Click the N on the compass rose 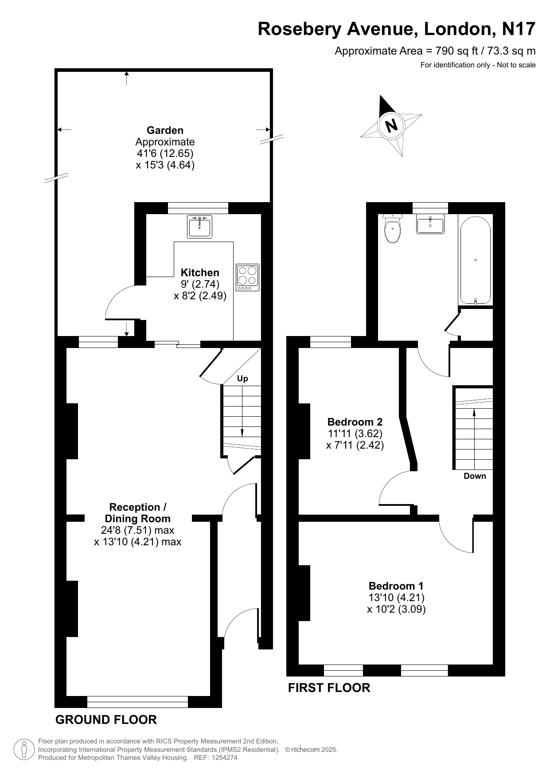[x=391, y=126]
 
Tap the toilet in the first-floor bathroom [x=392, y=228]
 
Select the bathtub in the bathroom [x=476, y=260]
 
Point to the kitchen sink [x=200, y=227]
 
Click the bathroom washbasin [x=430, y=224]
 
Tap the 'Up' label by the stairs [x=242, y=379]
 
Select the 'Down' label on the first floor [x=475, y=476]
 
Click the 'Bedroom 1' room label [x=396, y=586]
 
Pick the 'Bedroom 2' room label [x=355, y=422]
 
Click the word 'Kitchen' [x=200, y=273]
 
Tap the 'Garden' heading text [x=165, y=130]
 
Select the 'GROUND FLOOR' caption [x=106, y=719]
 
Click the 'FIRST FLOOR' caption [x=329, y=688]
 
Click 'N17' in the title [x=519, y=29]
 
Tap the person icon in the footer [x=24, y=749]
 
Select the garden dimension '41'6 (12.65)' [x=165, y=153]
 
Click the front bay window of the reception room [x=137, y=702]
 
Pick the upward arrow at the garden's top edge [x=127, y=78]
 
